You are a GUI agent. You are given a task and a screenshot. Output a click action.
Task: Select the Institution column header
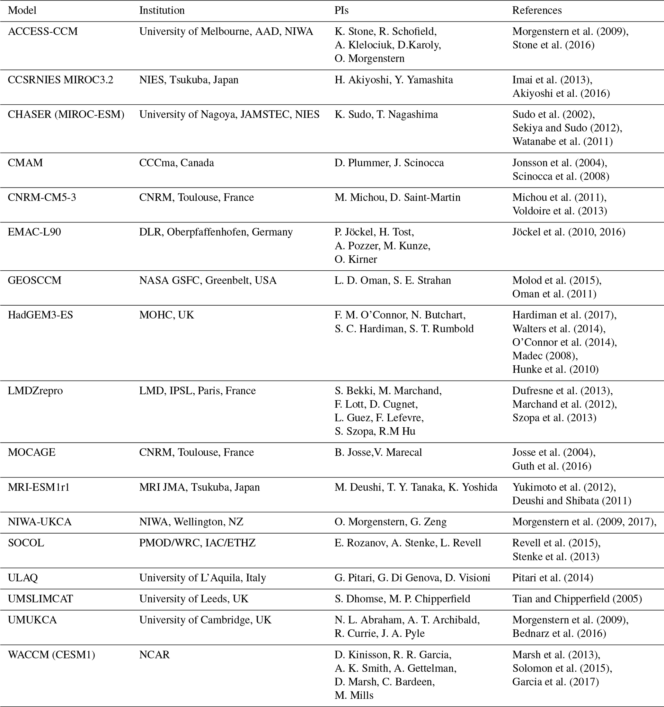(x=162, y=10)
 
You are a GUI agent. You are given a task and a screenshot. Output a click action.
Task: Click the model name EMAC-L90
(x=34, y=232)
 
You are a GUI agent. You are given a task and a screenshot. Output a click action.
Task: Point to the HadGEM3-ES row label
(x=40, y=315)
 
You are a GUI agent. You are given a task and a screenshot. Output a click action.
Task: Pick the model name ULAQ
(x=22, y=578)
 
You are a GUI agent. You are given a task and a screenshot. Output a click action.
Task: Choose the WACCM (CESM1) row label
(x=51, y=654)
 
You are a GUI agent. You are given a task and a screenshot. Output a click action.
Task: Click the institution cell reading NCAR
(x=155, y=654)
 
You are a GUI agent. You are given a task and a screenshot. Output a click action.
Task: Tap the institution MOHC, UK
(x=166, y=315)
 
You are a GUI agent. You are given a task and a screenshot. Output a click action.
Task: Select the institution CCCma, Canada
(x=176, y=162)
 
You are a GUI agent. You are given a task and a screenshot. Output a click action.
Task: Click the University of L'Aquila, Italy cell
(x=202, y=578)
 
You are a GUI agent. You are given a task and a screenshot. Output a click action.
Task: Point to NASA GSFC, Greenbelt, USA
(x=208, y=280)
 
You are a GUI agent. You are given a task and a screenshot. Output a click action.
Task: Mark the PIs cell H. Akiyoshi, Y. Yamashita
(x=394, y=80)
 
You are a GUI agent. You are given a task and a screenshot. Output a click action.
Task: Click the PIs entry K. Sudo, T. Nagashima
(x=386, y=114)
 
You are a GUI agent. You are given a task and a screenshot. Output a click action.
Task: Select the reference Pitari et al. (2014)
(x=553, y=578)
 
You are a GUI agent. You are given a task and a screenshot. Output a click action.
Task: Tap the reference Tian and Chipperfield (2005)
(x=577, y=598)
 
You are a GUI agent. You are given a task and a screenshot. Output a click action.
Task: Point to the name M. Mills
(x=354, y=695)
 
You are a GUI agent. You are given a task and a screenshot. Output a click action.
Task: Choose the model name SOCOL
(x=26, y=543)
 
